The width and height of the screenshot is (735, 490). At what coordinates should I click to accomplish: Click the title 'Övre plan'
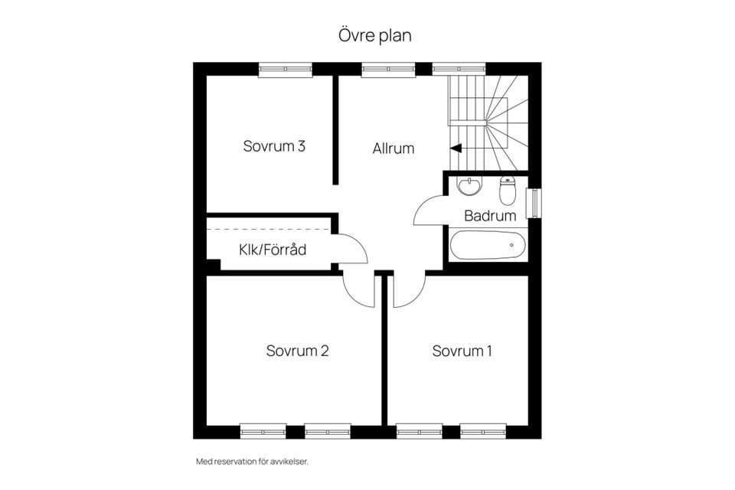[375, 36]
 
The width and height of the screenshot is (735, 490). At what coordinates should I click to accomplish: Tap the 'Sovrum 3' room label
[274, 145]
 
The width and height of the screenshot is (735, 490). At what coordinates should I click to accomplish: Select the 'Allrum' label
[394, 149]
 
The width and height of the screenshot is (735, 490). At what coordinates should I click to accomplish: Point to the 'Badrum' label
[490, 216]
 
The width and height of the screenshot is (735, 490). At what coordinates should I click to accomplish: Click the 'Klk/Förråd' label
[273, 250]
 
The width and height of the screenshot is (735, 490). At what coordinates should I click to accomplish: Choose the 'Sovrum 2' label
[297, 351]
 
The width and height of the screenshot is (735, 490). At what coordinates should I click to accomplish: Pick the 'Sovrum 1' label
[462, 351]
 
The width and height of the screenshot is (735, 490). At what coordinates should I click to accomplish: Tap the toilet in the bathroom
[507, 191]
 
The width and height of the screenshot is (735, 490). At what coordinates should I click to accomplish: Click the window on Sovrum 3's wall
[286, 70]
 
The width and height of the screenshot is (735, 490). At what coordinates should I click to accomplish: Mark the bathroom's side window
[534, 203]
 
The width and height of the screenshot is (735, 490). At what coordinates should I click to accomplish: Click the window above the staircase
[459, 69]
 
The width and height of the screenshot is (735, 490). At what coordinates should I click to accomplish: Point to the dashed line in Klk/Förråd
[268, 229]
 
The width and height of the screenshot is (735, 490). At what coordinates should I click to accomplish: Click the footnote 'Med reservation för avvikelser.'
[252, 462]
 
